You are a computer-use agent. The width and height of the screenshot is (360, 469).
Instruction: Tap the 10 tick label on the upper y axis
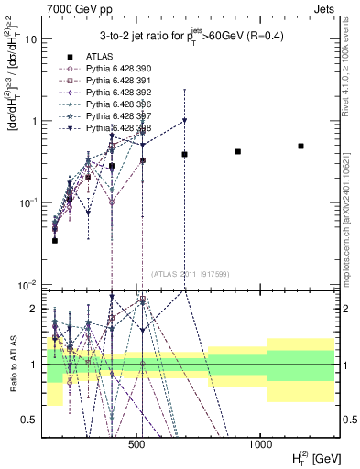(x=31, y=39)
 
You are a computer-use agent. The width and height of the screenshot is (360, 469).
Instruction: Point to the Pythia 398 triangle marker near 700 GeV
(x=184, y=121)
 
